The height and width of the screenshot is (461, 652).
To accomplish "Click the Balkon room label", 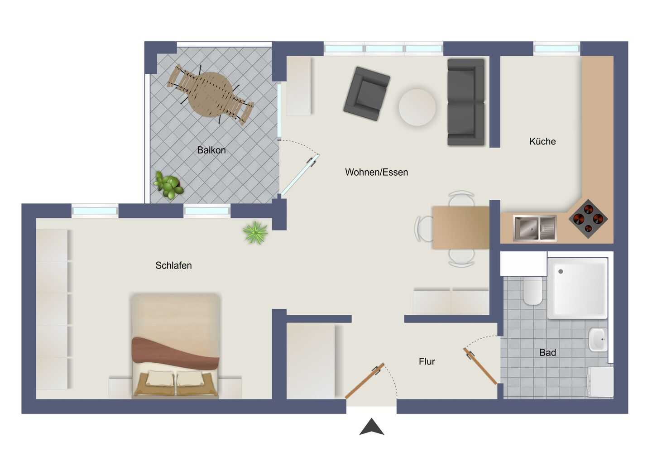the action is click(x=211, y=150).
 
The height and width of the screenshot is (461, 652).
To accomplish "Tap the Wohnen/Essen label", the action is click(x=376, y=172).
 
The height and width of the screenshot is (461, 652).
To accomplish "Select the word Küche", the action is click(x=542, y=141).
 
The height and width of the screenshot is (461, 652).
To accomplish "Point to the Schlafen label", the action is click(x=173, y=265).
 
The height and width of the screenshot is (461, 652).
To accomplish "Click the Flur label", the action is click(x=427, y=361).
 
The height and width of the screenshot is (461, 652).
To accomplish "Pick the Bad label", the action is click(x=547, y=353).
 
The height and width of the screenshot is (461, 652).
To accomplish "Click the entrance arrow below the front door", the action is click(x=372, y=427).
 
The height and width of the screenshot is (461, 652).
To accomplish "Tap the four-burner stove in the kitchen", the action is click(x=588, y=219).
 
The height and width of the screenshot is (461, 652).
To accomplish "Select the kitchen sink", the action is click(x=535, y=228).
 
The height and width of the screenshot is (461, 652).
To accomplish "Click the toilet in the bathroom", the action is click(x=532, y=290).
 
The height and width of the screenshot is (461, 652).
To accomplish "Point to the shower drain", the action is click(x=561, y=272).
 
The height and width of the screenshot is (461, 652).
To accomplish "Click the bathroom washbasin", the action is click(x=598, y=339).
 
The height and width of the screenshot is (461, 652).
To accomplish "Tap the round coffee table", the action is click(x=417, y=107).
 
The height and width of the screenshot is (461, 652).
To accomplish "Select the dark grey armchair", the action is click(x=367, y=94).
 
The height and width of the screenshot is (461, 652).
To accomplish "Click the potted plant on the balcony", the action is click(x=168, y=185).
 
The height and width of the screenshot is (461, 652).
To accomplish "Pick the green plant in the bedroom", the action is click(x=255, y=232).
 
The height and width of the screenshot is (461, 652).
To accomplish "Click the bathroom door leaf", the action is click(x=480, y=366).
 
